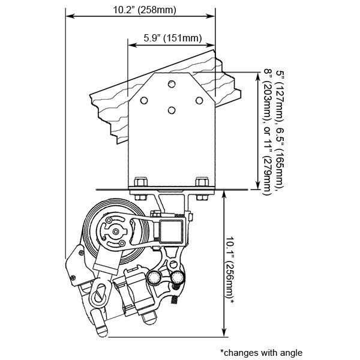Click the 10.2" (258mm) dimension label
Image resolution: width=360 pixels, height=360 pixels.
(x=145, y=10)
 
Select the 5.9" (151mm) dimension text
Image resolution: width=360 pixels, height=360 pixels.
(x=173, y=38)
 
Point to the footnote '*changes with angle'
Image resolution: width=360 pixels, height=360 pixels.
(x=261, y=353)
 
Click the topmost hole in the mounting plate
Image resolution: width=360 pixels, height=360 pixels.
(x=172, y=84)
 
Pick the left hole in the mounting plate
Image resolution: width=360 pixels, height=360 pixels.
(x=144, y=101)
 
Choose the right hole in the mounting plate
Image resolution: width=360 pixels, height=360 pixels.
(x=199, y=101)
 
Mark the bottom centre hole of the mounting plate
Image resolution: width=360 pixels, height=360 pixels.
(x=172, y=110)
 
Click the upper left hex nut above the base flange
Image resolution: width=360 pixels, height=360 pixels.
(x=140, y=182)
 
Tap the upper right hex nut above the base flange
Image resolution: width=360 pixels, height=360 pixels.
(x=202, y=182)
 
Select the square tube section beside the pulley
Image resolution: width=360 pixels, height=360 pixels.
(x=171, y=231)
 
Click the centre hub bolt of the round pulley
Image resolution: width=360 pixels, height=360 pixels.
(x=116, y=232)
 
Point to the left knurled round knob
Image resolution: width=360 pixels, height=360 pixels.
(x=154, y=277)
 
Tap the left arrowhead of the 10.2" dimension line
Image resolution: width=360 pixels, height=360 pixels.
(x=70, y=16)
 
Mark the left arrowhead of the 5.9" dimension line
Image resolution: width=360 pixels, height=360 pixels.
(x=132, y=45)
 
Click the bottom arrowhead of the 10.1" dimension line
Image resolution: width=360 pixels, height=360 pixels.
(x=224, y=332)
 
